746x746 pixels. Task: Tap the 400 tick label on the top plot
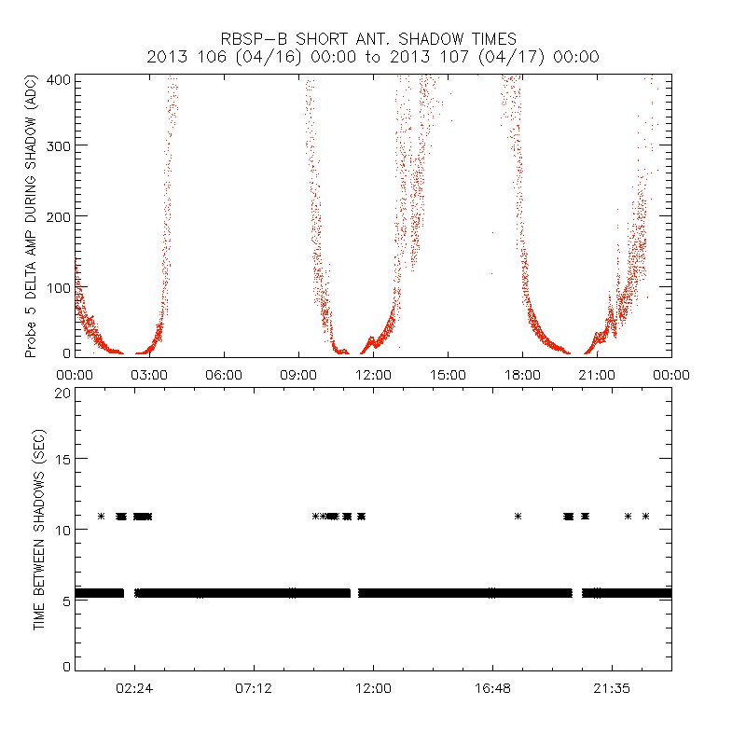(60, 79)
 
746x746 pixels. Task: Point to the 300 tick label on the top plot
(60, 146)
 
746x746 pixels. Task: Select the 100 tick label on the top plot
(60, 285)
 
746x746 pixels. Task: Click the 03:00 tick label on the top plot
(149, 375)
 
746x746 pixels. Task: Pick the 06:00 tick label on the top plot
(224, 375)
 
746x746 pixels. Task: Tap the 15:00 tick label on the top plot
(448, 375)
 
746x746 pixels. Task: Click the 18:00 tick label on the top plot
(522, 375)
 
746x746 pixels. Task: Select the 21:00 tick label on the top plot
(597, 375)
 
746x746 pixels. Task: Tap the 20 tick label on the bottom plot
(63, 393)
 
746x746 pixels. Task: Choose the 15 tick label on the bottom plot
(63, 459)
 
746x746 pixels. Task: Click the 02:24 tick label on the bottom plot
(134, 688)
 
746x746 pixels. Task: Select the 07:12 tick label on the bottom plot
(254, 688)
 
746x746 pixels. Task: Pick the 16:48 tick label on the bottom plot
(492, 688)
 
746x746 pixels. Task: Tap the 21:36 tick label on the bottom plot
(612, 688)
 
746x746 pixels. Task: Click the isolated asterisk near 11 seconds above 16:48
(518, 516)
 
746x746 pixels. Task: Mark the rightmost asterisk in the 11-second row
(645, 516)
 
